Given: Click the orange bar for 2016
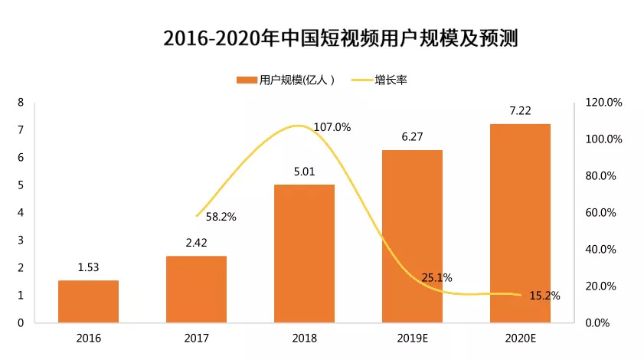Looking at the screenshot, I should point(89,302).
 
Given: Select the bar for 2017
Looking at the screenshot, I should point(197,290).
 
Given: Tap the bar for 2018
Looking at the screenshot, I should point(305,254).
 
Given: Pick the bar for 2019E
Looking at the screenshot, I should point(413,237).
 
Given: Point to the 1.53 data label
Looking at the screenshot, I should point(89,267).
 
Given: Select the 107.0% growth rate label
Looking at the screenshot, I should point(332,128).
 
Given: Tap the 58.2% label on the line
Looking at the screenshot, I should point(221,217).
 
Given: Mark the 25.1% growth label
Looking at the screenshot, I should point(437,277).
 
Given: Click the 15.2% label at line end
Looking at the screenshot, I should point(544,296).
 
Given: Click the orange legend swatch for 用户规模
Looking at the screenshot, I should point(247,79).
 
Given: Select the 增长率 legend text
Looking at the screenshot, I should point(391,79).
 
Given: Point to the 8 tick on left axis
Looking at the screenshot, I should point(21,103).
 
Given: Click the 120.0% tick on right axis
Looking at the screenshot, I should point(600,103).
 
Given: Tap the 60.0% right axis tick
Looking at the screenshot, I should point(600,213).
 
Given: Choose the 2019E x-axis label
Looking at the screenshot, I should point(413,336).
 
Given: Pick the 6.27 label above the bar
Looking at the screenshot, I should point(413,137).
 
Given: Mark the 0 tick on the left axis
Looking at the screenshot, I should point(21,323).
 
